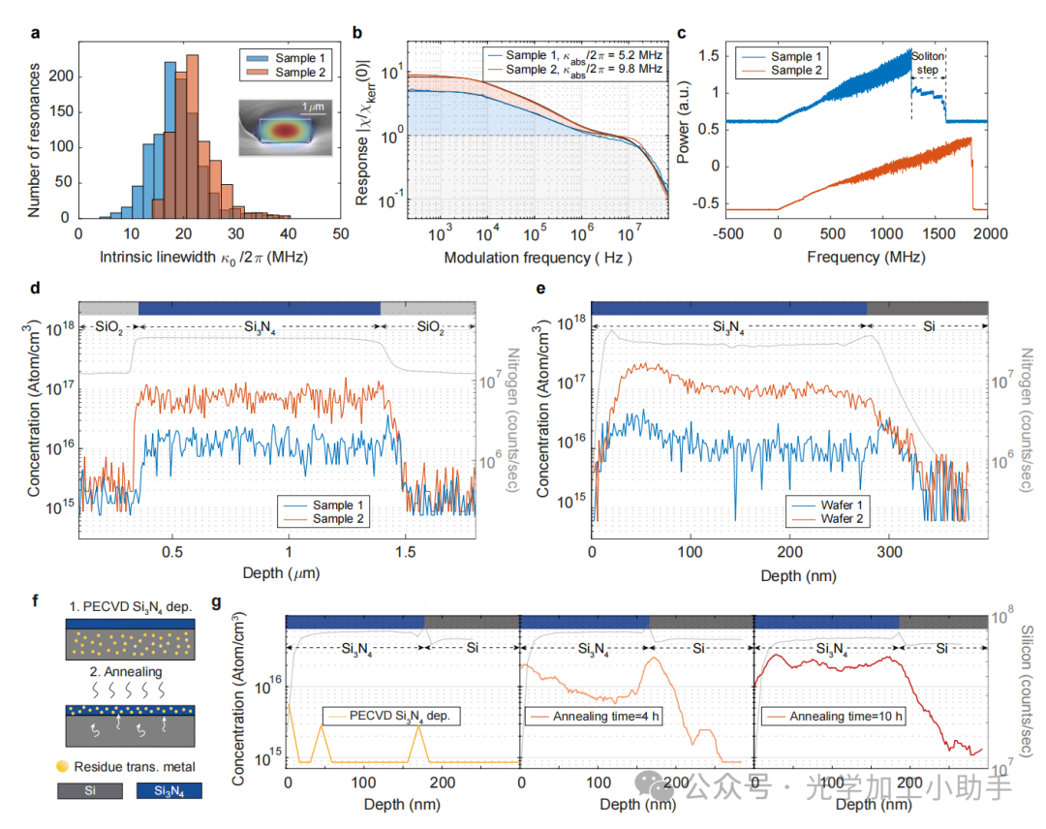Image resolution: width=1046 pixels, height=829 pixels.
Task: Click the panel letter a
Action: (x=36, y=33)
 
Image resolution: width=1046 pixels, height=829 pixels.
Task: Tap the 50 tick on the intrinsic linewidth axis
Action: (x=339, y=234)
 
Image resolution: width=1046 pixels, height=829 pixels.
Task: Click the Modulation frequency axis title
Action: (x=538, y=259)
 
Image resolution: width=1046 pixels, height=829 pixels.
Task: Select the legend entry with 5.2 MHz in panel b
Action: (x=571, y=56)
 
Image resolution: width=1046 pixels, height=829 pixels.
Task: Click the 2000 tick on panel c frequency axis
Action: (x=988, y=234)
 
